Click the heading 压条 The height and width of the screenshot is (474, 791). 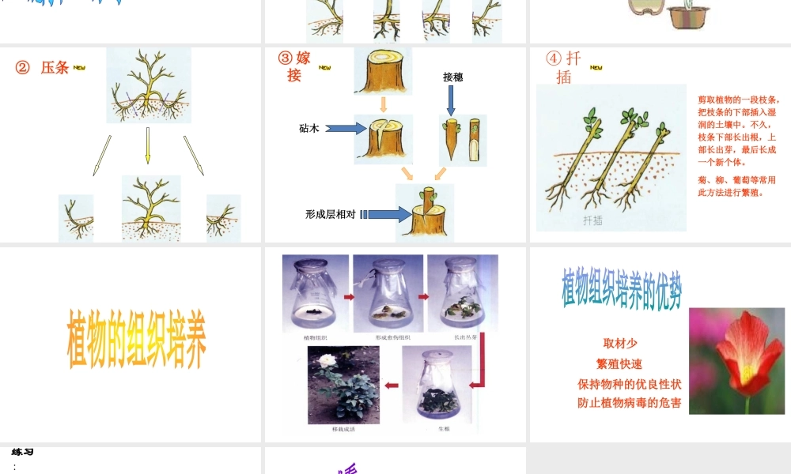click(x=55, y=68)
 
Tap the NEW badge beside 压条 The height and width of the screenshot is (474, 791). click(x=79, y=68)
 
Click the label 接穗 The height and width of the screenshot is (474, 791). click(x=452, y=77)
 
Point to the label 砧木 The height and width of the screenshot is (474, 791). click(x=309, y=128)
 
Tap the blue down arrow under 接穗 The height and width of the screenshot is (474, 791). click(x=452, y=100)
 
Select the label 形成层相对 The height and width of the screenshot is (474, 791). click(x=330, y=214)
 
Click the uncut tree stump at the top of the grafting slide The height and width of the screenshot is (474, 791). click(x=384, y=72)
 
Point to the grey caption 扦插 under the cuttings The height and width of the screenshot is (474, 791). click(x=592, y=220)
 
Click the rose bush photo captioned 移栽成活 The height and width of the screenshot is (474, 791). click(x=343, y=385)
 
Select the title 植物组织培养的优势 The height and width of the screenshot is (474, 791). click(x=622, y=289)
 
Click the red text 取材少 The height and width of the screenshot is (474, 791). click(x=620, y=344)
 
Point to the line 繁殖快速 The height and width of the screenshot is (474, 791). click(x=619, y=364)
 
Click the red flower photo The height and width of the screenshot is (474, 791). click(x=736, y=360)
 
